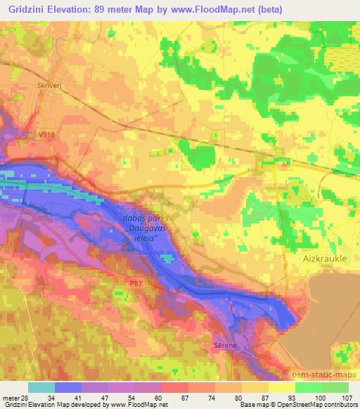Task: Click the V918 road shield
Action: (x=46, y=135)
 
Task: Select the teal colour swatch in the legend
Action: (x=41, y=387)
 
